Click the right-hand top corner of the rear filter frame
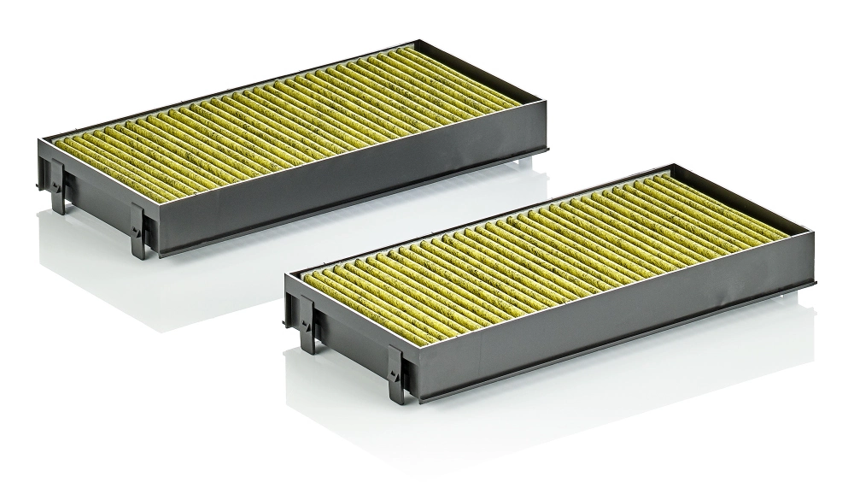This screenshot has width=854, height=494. (x=546, y=111)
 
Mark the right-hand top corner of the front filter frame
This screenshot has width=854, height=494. (x=814, y=234)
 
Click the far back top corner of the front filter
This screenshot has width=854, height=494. (x=676, y=166)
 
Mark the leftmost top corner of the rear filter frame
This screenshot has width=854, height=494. (x=41, y=137)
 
